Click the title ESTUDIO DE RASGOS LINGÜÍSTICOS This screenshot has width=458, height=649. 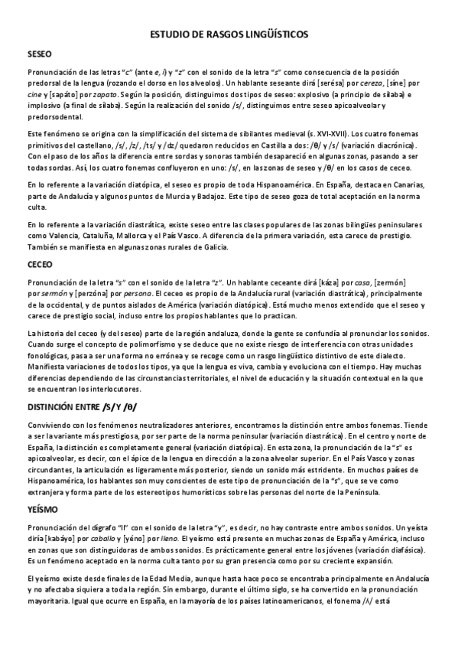click(229, 35)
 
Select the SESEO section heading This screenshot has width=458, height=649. click(39, 55)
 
